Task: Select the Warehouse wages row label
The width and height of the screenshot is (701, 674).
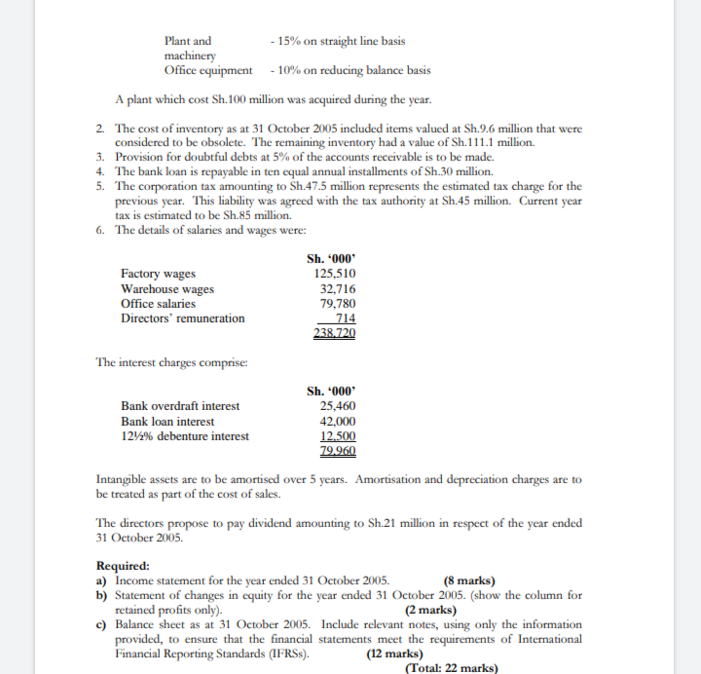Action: [166, 289]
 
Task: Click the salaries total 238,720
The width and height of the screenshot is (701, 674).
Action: [334, 333]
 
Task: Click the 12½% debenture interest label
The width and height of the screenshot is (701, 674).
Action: [184, 436]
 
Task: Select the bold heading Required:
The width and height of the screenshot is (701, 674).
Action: [123, 566]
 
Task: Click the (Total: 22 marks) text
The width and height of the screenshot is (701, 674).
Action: [450, 668]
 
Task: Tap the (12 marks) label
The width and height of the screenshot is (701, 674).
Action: [394, 654]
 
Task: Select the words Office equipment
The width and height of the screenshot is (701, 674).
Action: [208, 70]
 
